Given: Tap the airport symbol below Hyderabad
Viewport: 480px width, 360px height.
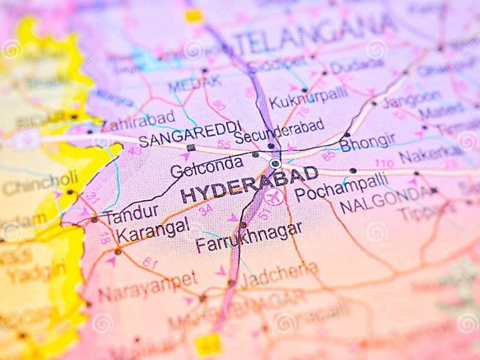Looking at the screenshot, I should point(274,196).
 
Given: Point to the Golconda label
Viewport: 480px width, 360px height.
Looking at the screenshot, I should point(206,166).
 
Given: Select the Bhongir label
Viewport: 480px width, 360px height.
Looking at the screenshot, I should point(367,142).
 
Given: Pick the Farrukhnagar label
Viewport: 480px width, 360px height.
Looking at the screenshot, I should point(248,237).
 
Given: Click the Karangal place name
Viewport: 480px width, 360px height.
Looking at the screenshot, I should point(152,231).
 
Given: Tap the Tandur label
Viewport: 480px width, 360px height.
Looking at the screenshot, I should point(131,215).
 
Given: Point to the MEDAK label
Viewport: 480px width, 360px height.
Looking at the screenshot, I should point(194,83).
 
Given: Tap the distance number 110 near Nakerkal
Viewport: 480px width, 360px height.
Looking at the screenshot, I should point(384,163).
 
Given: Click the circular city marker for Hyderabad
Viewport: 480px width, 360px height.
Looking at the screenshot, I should point(275,163).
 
